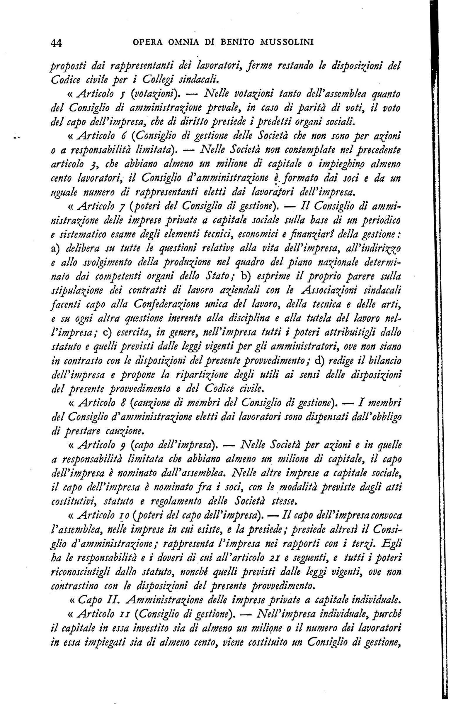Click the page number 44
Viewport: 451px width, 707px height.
[x=56, y=43]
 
